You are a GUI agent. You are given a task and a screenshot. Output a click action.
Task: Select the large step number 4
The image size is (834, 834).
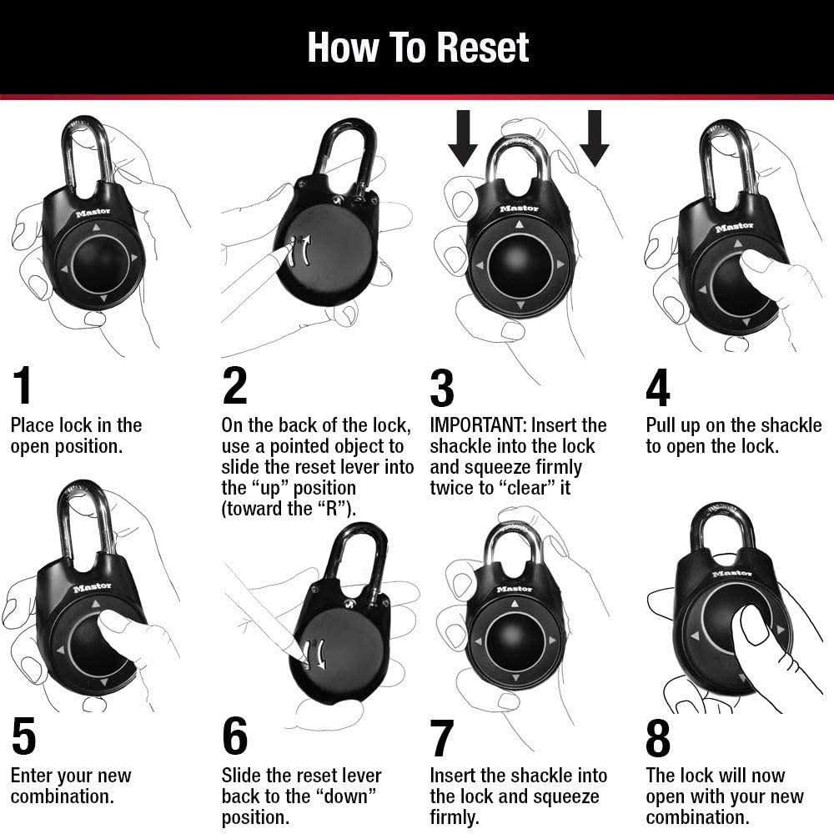pos(658,387)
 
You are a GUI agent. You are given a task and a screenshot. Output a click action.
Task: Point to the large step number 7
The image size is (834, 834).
pos(441,738)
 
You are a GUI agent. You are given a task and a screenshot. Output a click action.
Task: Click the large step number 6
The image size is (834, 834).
pos(235,738)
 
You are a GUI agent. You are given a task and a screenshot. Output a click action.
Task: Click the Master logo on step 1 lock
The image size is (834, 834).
pos(93,213)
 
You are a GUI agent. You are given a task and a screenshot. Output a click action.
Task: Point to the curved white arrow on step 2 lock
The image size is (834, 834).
pos(306,250)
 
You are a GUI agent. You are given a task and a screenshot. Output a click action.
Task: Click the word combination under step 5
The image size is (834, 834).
pos(62,796)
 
